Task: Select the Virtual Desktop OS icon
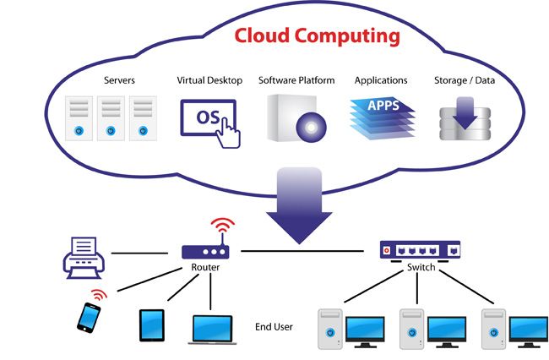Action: (209, 118)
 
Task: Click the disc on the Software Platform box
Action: (309, 127)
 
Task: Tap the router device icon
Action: (205, 250)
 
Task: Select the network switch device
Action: (420, 249)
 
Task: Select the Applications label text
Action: (381, 81)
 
